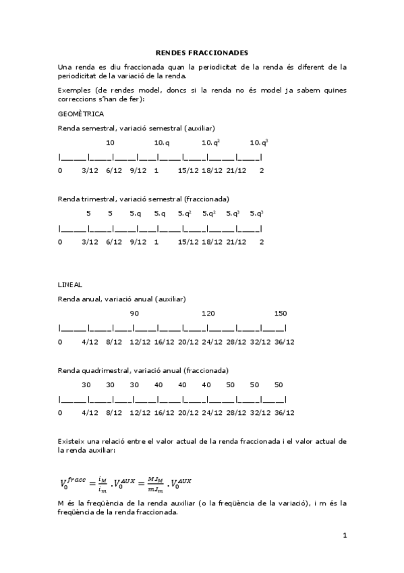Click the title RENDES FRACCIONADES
(x=202, y=52)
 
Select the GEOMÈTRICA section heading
(x=81, y=114)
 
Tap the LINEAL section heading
(x=70, y=284)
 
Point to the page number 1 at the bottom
(x=344, y=536)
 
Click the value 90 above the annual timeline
(x=134, y=314)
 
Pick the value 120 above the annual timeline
(x=208, y=314)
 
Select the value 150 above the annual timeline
(x=281, y=314)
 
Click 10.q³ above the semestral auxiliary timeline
(x=259, y=143)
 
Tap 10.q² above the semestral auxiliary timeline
(x=211, y=143)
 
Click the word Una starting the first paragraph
(x=65, y=67)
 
